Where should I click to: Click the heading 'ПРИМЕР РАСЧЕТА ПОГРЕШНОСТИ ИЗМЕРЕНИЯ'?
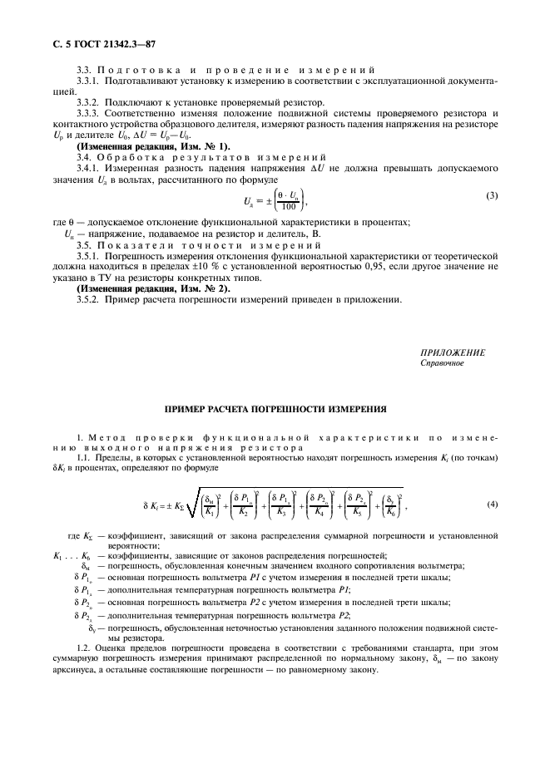(275, 410)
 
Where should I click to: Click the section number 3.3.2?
(87, 101)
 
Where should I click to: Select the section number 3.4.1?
(87, 165)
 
